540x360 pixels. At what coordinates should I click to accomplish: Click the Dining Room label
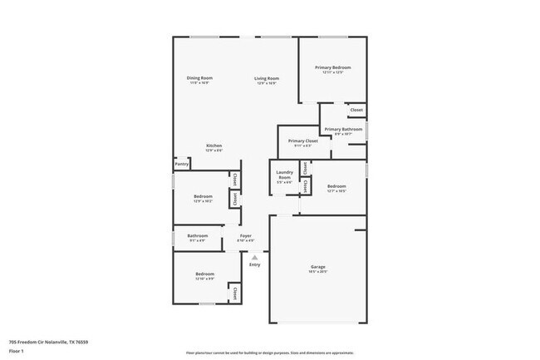pyautogui.click(x=199, y=78)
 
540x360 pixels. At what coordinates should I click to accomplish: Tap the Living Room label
pyautogui.click(x=267, y=78)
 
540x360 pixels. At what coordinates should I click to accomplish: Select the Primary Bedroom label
pyautogui.click(x=332, y=67)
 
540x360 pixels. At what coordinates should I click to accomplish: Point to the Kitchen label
pyautogui.click(x=214, y=145)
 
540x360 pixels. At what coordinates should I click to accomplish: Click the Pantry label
pyautogui.click(x=182, y=164)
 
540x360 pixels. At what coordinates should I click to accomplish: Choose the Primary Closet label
pyautogui.click(x=303, y=141)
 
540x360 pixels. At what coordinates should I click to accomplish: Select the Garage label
pyautogui.click(x=318, y=267)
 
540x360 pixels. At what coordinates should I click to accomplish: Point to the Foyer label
pyautogui.click(x=246, y=236)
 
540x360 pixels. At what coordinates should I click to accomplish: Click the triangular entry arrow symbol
pyautogui.click(x=255, y=257)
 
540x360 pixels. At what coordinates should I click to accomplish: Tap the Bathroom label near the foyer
pyautogui.click(x=197, y=236)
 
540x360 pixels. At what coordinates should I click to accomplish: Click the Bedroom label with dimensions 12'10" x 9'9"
pyautogui.click(x=205, y=274)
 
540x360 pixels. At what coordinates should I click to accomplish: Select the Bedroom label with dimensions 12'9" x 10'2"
pyautogui.click(x=204, y=196)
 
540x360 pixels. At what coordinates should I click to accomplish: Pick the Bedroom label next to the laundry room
pyautogui.click(x=336, y=186)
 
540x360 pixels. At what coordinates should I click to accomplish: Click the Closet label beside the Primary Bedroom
pyautogui.click(x=356, y=110)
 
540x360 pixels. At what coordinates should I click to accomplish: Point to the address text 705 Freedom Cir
pyautogui.click(x=48, y=342)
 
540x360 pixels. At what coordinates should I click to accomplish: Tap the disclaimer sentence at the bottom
pyautogui.click(x=269, y=352)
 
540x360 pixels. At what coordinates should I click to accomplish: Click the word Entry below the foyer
pyautogui.click(x=255, y=264)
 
